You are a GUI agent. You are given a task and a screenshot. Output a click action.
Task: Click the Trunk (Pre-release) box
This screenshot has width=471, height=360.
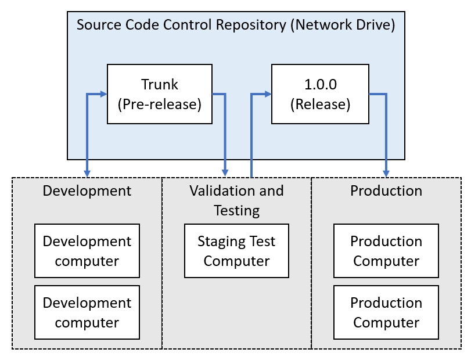[160, 93]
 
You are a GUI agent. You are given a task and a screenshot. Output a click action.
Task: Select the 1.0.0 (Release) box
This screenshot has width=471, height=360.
[320, 93]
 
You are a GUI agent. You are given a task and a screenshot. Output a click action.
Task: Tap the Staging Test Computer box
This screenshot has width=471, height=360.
[237, 251]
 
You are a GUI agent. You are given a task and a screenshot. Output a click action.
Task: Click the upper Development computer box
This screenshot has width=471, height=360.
[87, 251]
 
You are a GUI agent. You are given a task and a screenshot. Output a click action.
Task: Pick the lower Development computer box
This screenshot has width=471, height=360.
[87, 312]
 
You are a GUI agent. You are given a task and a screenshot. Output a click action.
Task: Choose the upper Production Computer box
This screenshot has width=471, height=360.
[386, 251]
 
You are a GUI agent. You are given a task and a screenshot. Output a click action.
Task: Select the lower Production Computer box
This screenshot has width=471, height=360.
[386, 312]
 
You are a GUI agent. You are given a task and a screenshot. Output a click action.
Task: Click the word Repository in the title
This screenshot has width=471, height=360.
[251, 25]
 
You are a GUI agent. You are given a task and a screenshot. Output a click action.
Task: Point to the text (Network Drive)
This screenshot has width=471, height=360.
[343, 24]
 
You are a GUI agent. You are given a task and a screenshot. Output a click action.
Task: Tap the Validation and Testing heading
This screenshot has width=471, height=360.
[237, 200]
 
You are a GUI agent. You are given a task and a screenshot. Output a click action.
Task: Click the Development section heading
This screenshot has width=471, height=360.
[87, 191]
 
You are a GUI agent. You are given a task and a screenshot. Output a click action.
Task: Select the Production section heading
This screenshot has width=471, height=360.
[386, 191]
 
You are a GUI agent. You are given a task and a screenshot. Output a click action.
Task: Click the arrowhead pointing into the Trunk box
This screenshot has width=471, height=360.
[103, 94]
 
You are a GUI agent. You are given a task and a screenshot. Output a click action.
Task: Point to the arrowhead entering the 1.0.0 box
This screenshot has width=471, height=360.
[268, 94]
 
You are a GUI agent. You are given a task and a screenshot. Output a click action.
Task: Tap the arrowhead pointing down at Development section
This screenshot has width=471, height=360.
[87, 174]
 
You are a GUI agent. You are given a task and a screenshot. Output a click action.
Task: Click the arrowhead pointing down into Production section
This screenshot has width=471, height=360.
[386, 174]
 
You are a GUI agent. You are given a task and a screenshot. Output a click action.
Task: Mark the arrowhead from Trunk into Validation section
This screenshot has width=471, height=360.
[225, 173]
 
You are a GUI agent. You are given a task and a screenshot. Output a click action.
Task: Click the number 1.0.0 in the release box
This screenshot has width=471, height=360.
[321, 84]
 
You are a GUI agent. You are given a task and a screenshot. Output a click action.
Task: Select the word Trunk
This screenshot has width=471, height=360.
[160, 84]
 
